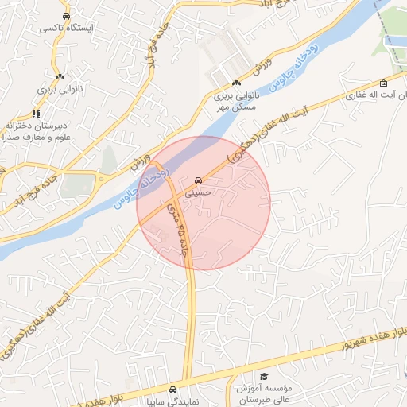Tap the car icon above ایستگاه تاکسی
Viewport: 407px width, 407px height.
66,16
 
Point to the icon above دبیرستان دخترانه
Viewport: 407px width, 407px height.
35,114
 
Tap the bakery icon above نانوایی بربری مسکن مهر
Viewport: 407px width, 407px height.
236,83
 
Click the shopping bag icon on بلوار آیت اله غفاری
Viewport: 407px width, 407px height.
384,83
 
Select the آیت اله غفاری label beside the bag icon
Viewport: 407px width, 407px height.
377,95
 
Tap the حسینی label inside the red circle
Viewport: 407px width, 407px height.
198,192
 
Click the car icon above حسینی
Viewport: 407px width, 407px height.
198,180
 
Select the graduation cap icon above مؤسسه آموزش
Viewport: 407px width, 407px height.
265,377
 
